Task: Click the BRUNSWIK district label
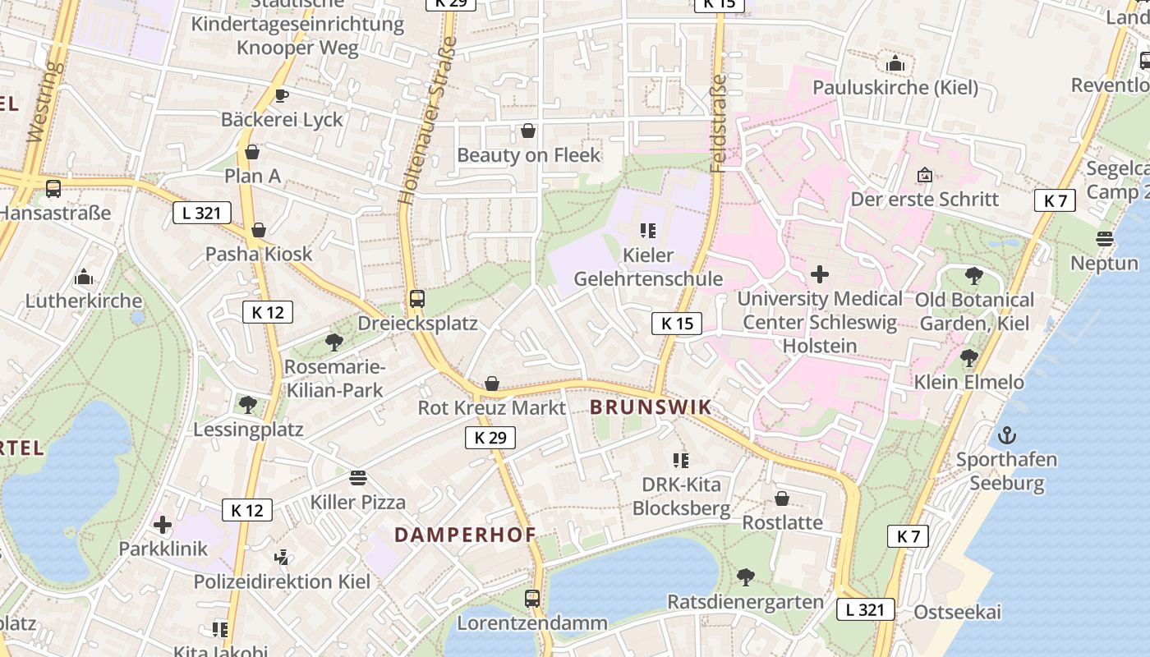tap(650, 407)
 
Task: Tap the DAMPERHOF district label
tap(465, 535)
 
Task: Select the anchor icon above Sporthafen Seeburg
tap(1006, 435)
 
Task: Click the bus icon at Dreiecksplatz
tap(417, 299)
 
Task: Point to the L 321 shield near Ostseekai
tap(865, 609)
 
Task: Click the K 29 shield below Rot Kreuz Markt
tap(490, 438)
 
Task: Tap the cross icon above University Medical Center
tap(820, 274)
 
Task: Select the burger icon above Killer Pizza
tap(357, 478)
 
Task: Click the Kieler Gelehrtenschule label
tap(648, 267)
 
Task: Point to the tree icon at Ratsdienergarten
tap(745, 577)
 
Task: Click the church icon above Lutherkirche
tap(83, 277)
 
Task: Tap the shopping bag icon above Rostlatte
tap(782, 498)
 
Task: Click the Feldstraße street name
tap(718, 123)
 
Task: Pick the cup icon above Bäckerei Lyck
tap(282, 95)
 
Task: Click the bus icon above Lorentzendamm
tap(532, 599)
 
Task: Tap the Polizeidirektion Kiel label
tap(282, 581)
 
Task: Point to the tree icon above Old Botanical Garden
tap(974, 276)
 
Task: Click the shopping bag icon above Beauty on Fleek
tap(528, 131)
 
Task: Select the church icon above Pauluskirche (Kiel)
tap(895, 63)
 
